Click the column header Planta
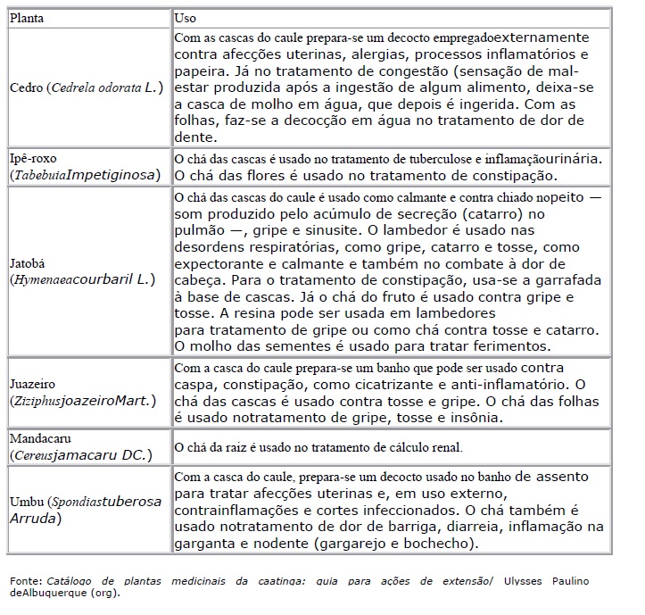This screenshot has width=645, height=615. [28, 17]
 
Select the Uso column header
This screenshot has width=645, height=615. [186, 17]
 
